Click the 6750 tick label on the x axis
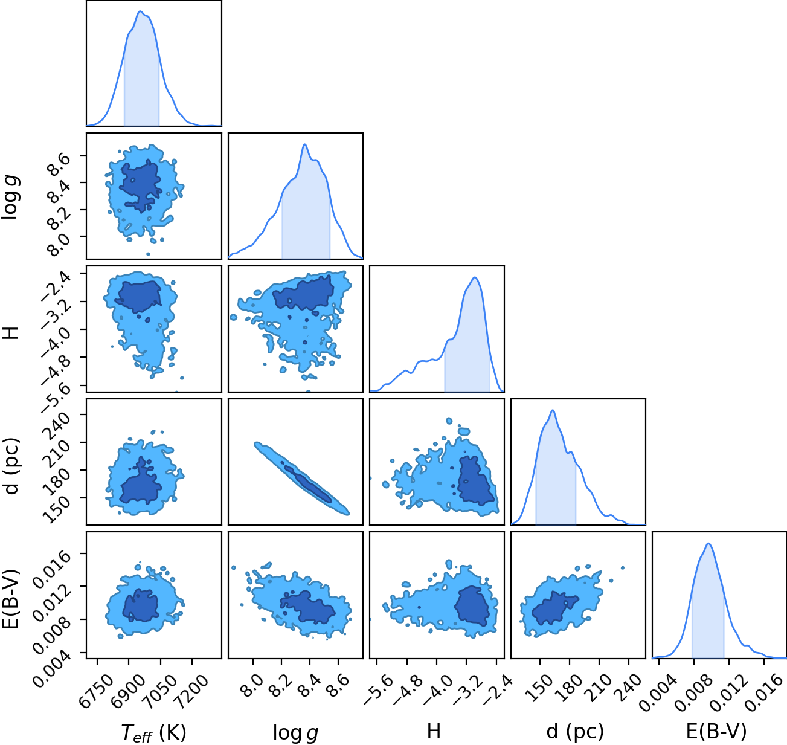(91, 686)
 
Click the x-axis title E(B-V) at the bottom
(716, 730)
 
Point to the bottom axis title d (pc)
(575, 731)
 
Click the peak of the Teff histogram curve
(140, 11)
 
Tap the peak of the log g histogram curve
(304, 144)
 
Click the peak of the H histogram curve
(475, 277)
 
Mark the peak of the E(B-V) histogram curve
(708, 544)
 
